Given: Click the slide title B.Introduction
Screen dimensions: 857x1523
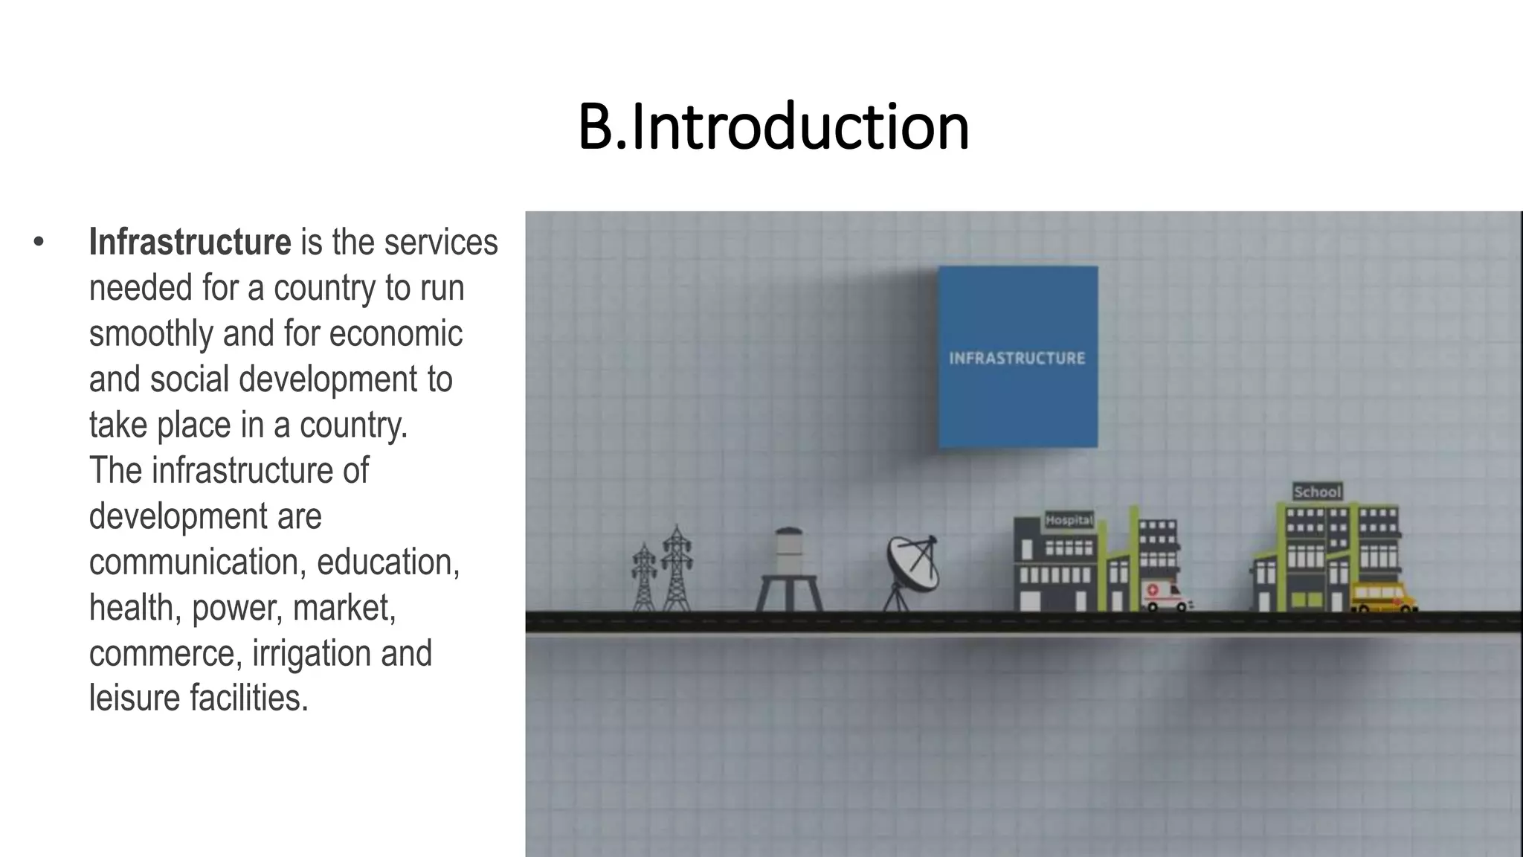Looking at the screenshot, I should (x=773, y=127).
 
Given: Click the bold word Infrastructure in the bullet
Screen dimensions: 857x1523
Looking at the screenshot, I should (x=190, y=243).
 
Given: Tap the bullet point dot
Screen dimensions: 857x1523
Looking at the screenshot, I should (x=39, y=242).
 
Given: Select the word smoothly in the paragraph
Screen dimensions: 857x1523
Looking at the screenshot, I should (x=151, y=334).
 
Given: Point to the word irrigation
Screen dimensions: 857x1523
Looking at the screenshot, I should (x=312, y=654).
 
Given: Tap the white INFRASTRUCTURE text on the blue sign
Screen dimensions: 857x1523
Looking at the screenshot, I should (x=1017, y=359).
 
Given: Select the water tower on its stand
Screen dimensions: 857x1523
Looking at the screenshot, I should (x=789, y=569).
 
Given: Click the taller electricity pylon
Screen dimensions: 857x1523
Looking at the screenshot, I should (x=677, y=569).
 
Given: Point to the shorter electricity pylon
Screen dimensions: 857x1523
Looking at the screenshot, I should (x=644, y=577).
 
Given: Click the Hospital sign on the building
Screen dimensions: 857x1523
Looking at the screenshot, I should (x=1069, y=520).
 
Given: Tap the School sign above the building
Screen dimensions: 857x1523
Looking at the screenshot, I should (x=1317, y=492).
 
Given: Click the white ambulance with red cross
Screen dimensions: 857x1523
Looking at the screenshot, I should (x=1165, y=595).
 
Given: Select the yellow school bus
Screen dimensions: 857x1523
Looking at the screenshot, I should (x=1382, y=597).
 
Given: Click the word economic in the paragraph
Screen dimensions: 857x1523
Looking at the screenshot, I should (x=396, y=334).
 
